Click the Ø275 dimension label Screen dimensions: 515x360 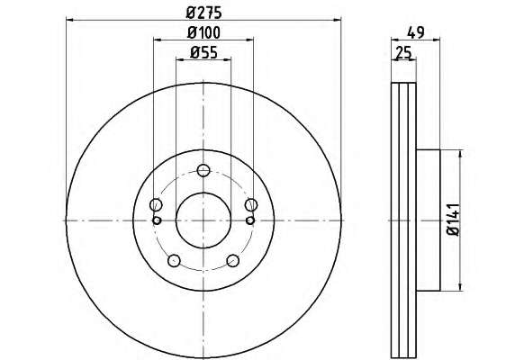(204, 13)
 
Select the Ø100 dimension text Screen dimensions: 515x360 (203, 32)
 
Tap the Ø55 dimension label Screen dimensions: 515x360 (203, 52)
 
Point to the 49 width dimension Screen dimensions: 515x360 (415, 32)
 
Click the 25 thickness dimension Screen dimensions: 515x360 (403, 52)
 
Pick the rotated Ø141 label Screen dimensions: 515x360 (454, 220)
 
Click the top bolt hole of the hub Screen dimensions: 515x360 (203, 170)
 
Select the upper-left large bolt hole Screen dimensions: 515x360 (156, 205)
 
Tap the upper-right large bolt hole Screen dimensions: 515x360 (251, 205)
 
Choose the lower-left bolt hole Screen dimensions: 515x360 (174, 261)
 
